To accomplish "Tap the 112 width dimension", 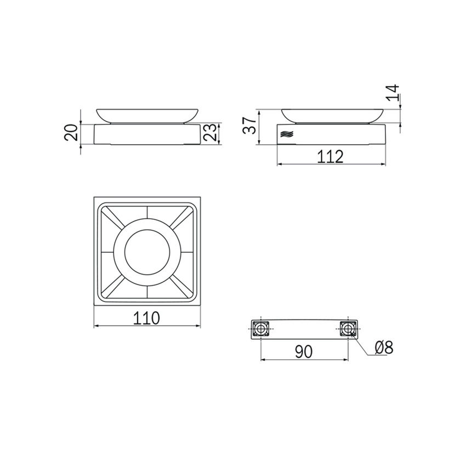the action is click(x=330, y=156).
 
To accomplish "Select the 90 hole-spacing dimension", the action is click(x=304, y=351).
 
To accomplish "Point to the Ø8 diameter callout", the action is click(x=384, y=347).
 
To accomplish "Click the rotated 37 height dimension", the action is click(x=249, y=126).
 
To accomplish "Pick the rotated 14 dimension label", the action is click(x=393, y=93).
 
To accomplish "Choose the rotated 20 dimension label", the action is click(x=71, y=133).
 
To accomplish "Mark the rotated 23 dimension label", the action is click(x=211, y=132).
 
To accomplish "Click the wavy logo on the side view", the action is click(x=287, y=134).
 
